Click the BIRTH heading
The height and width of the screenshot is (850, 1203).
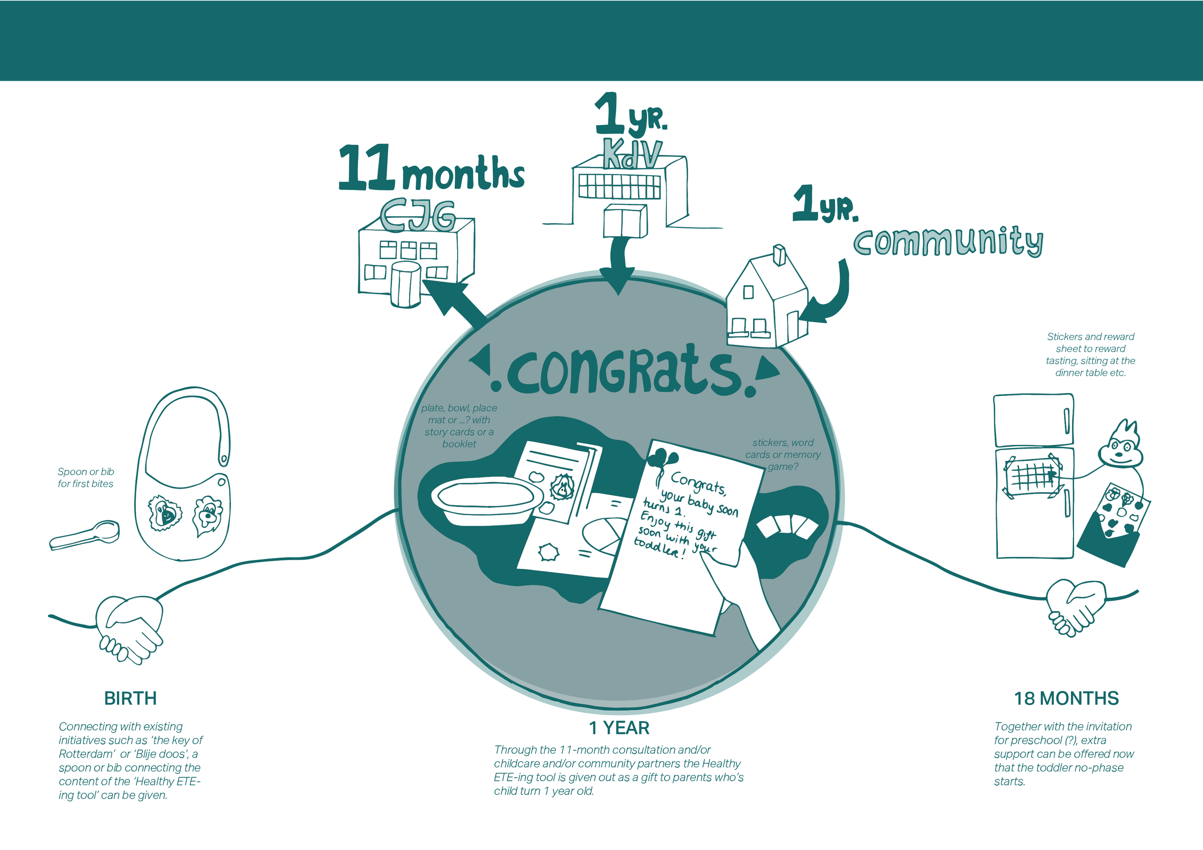(130, 698)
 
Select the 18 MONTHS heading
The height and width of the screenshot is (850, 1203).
(1066, 698)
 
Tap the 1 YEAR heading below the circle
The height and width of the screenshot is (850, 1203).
(619, 727)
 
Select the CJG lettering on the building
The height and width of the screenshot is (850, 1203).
(418, 215)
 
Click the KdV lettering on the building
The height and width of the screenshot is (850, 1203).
(631, 154)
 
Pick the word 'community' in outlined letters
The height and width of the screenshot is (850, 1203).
(948, 242)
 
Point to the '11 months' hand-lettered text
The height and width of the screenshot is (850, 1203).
(431, 169)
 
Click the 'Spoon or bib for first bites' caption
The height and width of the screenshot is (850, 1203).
(85, 478)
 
